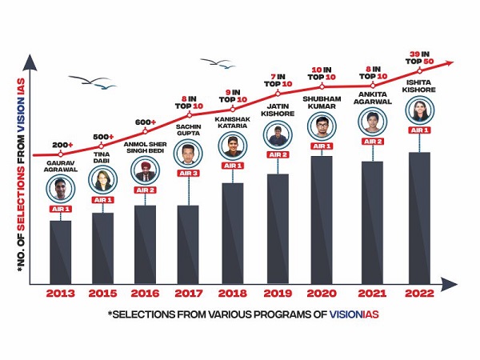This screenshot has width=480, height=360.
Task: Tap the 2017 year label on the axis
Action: point(187,294)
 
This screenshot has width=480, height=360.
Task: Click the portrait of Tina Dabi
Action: point(102,179)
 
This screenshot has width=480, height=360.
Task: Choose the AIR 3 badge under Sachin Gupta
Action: point(188,196)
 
